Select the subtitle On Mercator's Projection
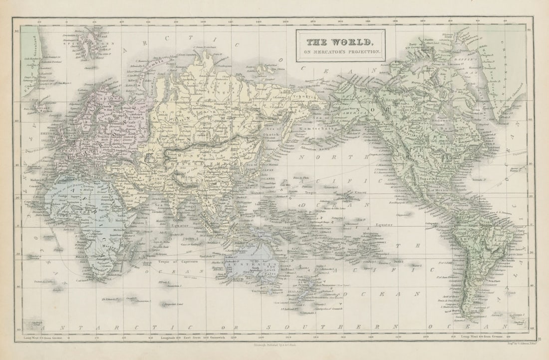tap(340, 51)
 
